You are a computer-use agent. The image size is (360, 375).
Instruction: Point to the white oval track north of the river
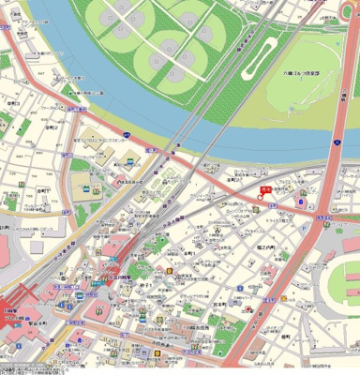259,58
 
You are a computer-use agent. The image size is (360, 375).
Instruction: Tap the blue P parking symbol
301,197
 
